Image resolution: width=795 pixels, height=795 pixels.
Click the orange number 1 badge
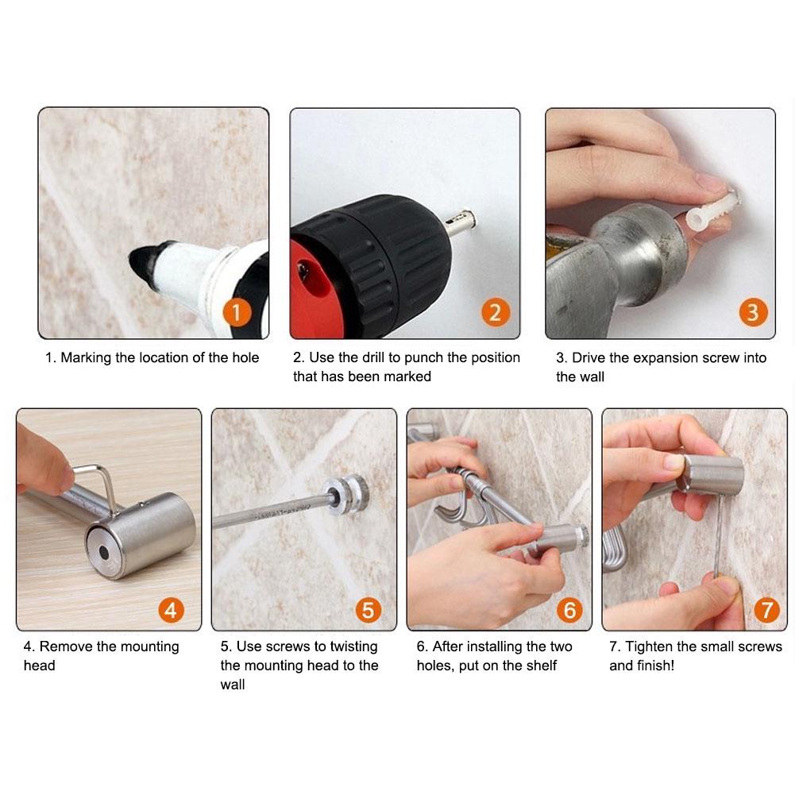pos(236,312)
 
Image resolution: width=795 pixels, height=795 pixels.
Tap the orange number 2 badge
pos(495,312)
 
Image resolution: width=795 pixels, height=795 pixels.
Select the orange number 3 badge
pos(753,312)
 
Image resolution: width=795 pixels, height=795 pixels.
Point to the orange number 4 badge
pos(171,610)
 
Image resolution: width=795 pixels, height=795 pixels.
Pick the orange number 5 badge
pos(368,610)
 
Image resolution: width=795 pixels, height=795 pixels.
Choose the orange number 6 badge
pos(569,610)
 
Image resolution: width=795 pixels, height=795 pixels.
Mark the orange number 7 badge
pos(766,610)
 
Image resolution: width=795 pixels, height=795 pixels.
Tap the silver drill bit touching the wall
pos(460,222)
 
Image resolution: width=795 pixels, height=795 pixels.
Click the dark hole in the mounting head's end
pos(104,552)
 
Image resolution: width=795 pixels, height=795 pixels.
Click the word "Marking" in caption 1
pos(86,358)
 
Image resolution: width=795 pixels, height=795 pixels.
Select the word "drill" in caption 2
pos(373,357)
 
